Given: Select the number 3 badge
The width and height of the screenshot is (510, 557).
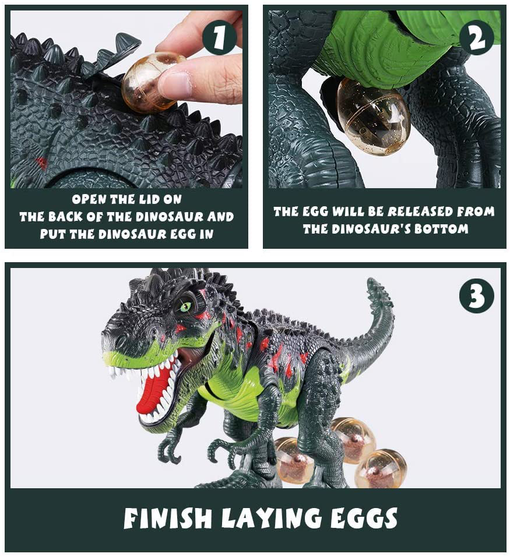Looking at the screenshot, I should [476, 295].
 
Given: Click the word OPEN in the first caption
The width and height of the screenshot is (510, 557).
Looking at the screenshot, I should [90, 199].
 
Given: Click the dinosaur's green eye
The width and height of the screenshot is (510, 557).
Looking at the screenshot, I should [186, 305].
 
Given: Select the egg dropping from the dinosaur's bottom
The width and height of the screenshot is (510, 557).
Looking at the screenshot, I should [373, 117].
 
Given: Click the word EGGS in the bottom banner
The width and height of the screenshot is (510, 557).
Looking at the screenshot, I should [362, 518].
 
